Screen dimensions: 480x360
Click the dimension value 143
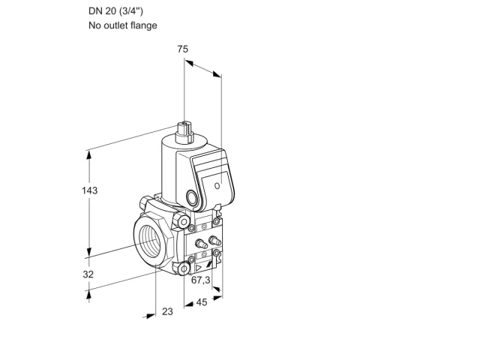89,190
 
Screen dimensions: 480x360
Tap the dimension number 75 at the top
183,49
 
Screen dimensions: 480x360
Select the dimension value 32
88,274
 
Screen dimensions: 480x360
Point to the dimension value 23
167,311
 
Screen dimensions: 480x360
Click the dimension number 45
202,302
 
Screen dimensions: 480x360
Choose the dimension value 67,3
201,280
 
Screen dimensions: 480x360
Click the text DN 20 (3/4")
115,11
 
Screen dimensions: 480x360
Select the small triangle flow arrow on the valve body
199,268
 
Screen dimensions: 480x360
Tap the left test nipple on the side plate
201,243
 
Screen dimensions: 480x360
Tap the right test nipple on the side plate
214,241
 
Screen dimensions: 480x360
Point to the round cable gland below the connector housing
193,196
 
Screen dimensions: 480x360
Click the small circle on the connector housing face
217,185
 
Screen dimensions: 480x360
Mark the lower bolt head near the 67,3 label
183,269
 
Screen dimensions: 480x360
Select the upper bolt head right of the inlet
183,220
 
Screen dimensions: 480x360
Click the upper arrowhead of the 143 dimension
89,155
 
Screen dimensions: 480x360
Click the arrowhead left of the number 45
189,304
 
